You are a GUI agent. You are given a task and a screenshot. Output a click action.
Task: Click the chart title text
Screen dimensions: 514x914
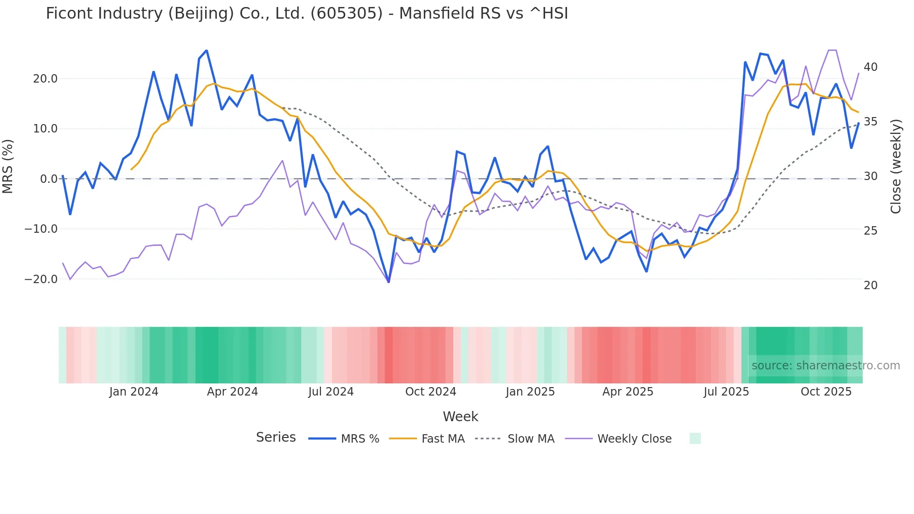tap(307, 13)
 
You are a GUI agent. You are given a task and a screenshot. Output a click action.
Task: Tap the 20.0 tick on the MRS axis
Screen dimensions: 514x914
tap(45, 78)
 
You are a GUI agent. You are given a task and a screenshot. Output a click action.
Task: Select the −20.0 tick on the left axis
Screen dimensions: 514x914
tap(42, 279)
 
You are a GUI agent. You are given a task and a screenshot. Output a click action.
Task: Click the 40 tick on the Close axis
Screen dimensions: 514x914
tap(870, 67)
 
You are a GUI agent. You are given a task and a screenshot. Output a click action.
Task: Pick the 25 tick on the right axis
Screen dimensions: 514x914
tap(870, 230)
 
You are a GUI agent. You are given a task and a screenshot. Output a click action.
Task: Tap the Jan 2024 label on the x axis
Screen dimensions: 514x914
tap(134, 391)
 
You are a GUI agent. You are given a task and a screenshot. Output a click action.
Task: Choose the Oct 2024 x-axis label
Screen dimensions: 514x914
tap(430, 391)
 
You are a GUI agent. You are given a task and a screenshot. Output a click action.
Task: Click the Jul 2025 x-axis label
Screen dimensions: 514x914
tap(726, 391)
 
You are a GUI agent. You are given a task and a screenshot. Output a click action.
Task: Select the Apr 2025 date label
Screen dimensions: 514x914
tap(628, 391)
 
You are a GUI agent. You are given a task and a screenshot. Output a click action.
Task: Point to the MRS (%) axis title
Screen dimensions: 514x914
tap(8, 166)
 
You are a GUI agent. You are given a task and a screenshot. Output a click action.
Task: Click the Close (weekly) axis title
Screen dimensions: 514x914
tap(895, 166)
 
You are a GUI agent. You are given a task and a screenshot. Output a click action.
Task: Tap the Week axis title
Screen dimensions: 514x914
tap(460, 416)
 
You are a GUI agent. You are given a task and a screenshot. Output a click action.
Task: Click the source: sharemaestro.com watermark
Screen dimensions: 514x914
tap(825, 365)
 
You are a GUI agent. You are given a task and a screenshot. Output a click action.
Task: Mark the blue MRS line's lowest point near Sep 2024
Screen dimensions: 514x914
tap(388, 282)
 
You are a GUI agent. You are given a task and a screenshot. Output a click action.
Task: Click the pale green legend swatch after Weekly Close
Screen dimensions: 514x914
tap(695, 438)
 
